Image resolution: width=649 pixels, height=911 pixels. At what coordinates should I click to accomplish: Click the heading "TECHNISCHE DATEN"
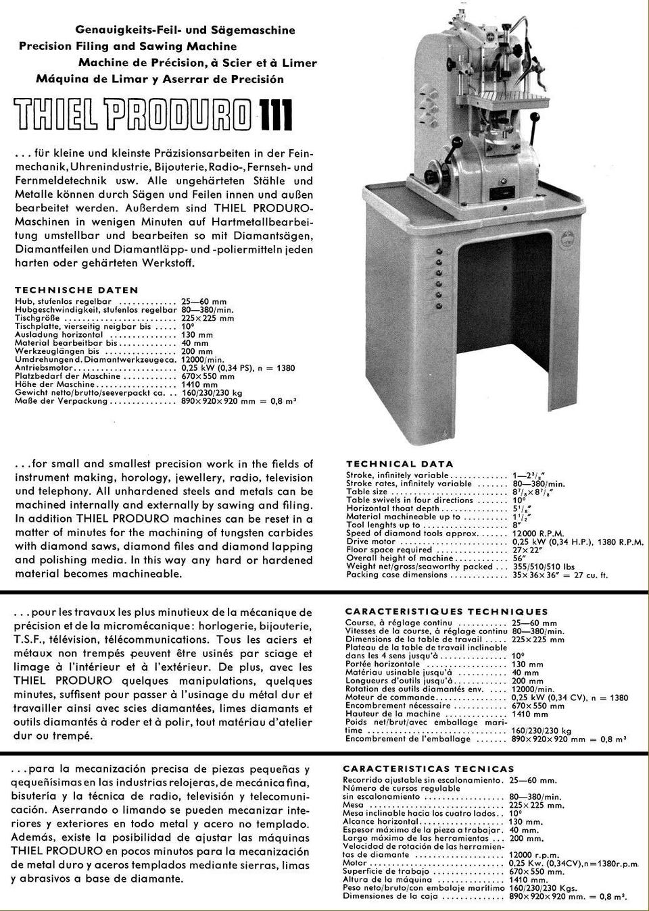point(76,290)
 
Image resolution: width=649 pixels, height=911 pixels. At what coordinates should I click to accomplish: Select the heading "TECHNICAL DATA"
point(400,464)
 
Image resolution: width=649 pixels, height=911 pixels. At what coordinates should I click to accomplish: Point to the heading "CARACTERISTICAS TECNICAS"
point(429,769)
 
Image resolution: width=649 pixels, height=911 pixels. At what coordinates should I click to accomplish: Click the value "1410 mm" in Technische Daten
point(200,384)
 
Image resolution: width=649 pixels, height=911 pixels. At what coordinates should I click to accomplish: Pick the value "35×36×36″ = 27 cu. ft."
point(560,575)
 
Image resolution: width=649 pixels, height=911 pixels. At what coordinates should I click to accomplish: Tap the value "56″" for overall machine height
point(519,558)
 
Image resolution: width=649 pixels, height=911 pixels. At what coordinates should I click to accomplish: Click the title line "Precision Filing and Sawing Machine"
point(128,47)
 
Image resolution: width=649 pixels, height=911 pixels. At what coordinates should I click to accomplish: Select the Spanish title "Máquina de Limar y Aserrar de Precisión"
point(160,78)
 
